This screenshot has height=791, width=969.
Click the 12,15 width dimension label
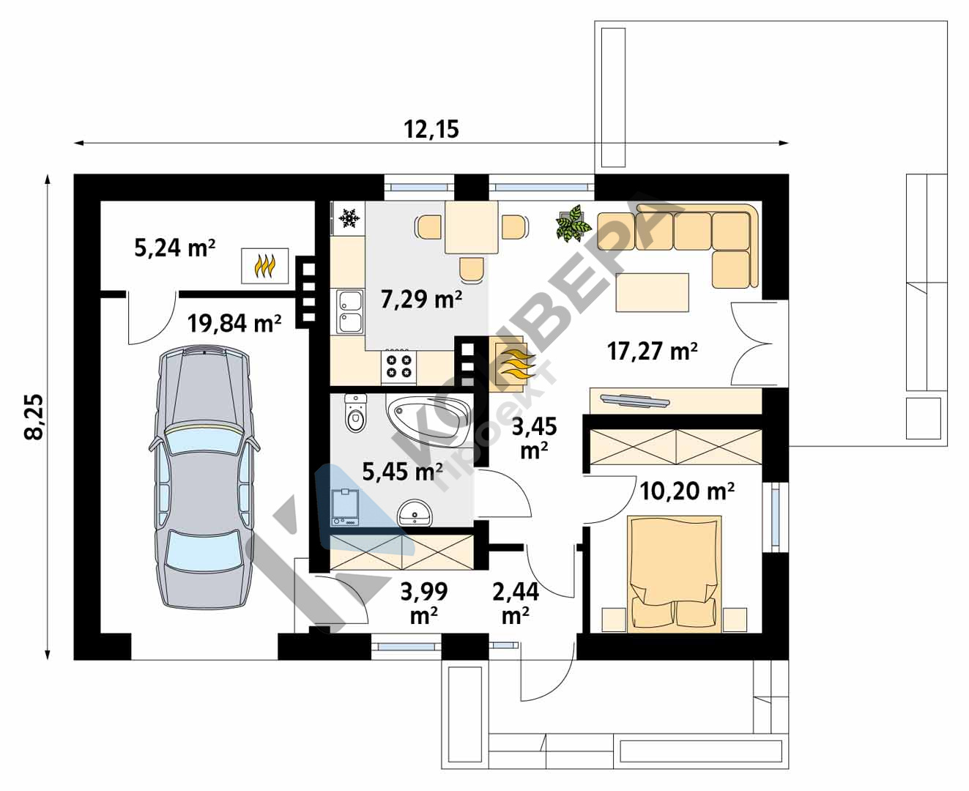click(431, 129)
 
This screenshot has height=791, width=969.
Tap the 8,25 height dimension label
click(34, 417)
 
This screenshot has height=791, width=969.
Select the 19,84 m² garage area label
click(234, 323)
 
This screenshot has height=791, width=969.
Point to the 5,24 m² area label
click(174, 248)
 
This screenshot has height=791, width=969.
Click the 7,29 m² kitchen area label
click(421, 299)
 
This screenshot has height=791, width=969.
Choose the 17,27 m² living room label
click(653, 352)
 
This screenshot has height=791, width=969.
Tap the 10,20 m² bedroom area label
click(687, 491)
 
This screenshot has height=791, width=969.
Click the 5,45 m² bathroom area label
click(403, 471)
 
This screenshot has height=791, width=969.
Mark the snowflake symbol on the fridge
click(349, 218)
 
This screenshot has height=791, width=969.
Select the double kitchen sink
click(349, 311)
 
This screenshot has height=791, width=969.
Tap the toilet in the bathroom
click(356, 412)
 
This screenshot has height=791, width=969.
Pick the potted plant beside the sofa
click(573, 223)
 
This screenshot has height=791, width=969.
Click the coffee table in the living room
click(652, 293)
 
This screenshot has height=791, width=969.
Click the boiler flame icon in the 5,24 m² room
click(265, 266)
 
